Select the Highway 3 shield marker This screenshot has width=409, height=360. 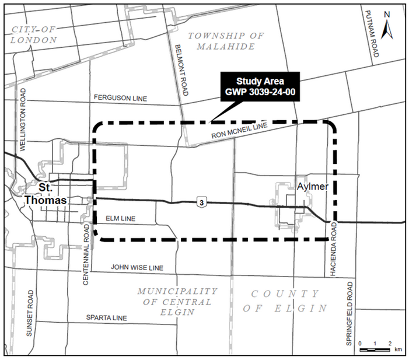coord(201,202)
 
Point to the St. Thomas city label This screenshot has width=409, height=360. coord(46,194)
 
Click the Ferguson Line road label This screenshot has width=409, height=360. coord(120,98)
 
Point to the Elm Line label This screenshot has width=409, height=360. coord(121,219)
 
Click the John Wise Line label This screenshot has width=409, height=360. coord(137,267)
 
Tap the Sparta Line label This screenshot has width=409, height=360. coord(106,318)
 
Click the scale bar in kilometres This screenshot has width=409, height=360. coord(375,349)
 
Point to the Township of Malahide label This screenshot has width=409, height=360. coord(226,41)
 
